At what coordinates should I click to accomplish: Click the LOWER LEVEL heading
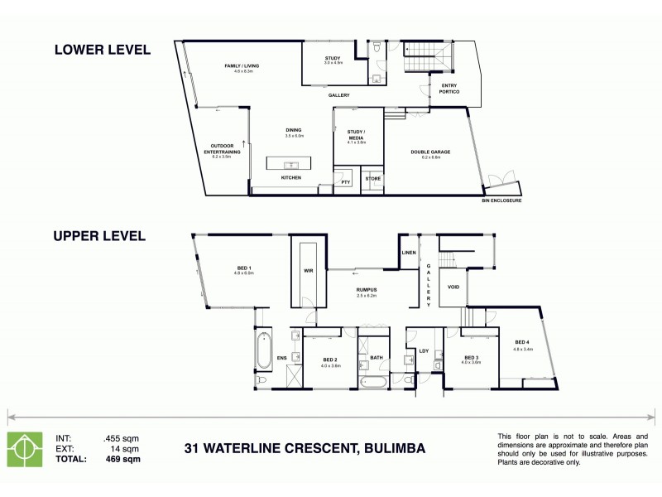pos(102,50)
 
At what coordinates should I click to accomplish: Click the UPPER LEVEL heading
pos(100,236)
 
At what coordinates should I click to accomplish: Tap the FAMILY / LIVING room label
pos(242,65)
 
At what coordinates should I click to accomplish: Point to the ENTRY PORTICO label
pos(449,89)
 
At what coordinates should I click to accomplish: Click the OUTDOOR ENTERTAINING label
pos(221,150)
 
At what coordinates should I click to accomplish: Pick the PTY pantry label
pos(345,181)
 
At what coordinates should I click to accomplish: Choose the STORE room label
pos(373,178)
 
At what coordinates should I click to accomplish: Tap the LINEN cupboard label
pos(408,252)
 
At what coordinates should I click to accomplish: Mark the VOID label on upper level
pos(453,287)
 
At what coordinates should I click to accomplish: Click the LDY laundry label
pos(425,350)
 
